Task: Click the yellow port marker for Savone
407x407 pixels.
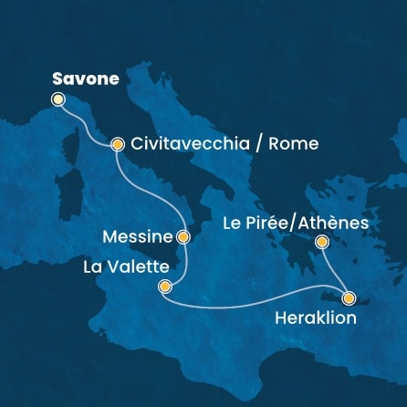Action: [59, 99]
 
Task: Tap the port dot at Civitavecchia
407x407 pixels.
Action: [117, 144]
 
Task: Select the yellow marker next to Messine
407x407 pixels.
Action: [183, 237]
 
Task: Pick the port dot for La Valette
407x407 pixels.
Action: [164, 287]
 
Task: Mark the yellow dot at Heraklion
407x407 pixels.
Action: [348, 297]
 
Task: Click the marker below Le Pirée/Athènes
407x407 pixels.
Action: [321, 242]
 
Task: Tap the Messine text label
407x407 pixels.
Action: [141, 238]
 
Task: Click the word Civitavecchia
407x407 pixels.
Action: [183, 144]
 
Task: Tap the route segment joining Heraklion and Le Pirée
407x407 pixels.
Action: [335, 269]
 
